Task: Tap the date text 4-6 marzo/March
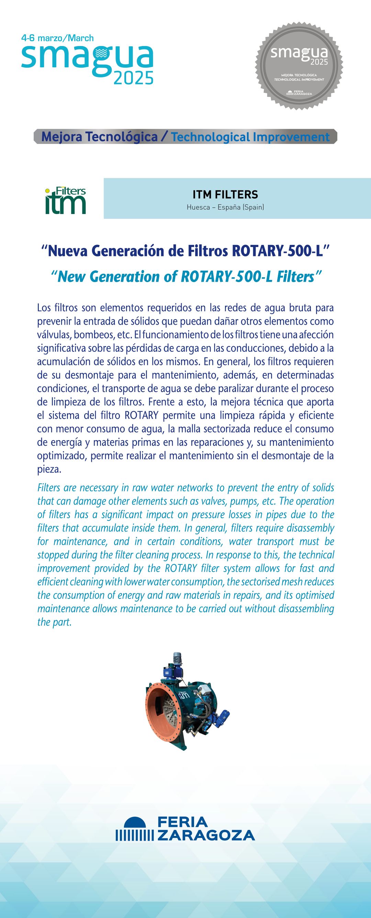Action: click(57, 38)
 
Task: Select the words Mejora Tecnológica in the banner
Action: click(99, 137)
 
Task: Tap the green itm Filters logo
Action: click(66, 200)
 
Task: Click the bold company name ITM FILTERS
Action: click(225, 194)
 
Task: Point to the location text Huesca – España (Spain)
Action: click(225, 207)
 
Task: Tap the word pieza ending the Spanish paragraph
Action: click(48, 469)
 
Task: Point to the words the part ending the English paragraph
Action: click(55, 622)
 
